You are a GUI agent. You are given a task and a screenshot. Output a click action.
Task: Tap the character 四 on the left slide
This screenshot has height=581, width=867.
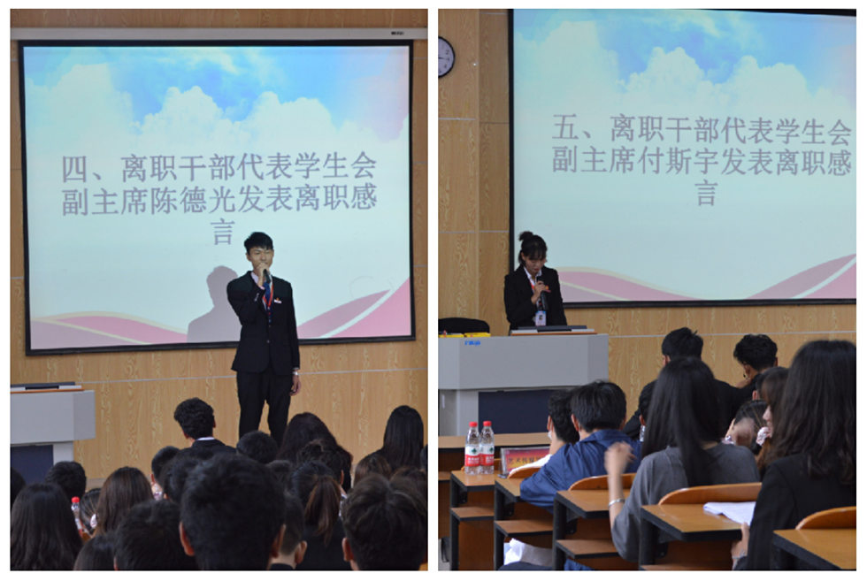pos(76,168)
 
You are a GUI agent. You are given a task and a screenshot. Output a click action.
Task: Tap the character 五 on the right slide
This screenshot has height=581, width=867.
pos(566,129)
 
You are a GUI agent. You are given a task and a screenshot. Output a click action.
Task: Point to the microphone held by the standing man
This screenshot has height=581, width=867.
pos(264,277)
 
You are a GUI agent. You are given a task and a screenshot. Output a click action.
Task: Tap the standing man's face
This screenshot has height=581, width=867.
pos(258,256)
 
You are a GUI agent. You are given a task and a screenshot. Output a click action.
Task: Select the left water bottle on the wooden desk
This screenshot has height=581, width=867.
pos(472,448)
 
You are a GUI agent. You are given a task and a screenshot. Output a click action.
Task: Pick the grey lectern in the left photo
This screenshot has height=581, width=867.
pos(52,417)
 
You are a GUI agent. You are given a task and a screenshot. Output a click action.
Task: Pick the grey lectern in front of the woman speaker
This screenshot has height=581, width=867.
pos(522,371)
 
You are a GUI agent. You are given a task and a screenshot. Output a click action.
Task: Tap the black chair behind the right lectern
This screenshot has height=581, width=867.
pos(464,325)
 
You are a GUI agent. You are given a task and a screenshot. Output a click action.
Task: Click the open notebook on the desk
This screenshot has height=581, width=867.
pos(729,512)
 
